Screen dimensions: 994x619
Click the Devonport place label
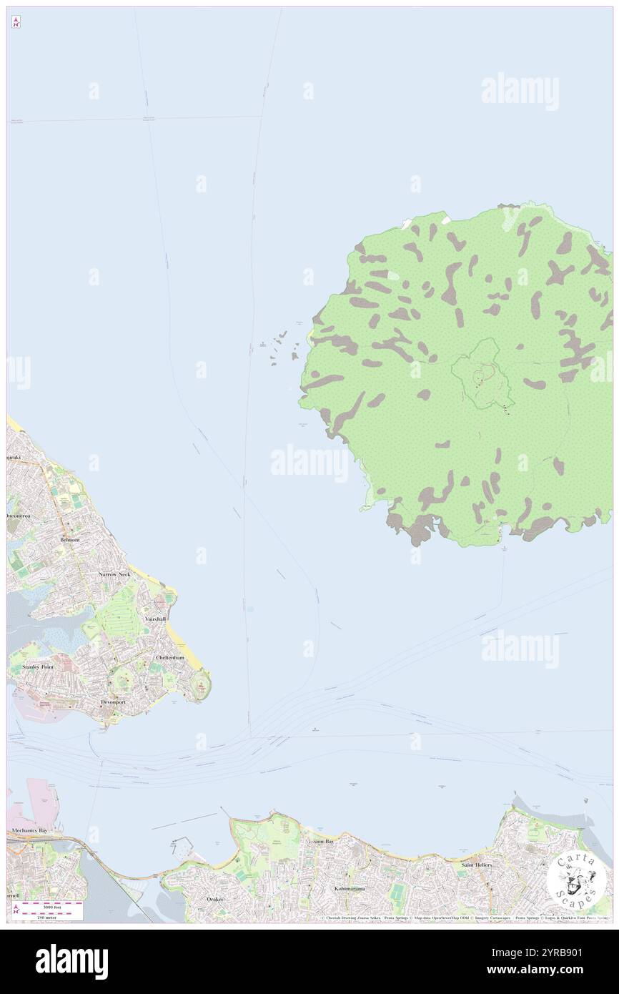(x=113, y=702)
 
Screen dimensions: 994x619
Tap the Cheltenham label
(x=170, y=657)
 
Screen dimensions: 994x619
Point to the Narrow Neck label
(x=114, y=574)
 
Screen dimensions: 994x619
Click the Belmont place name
(x=70, y=540)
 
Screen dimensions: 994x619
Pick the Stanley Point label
(x=38, y=666)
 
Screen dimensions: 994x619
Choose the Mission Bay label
(x=320, y=842)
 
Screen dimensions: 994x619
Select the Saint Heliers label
(x=477, y=865)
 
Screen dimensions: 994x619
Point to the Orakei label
(x=215, y=899)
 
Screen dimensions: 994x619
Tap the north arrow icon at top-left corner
(x=16, y=22)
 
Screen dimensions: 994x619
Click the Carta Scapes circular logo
(x=576, y=878)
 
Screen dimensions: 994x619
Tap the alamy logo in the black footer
(x=71, y=961)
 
